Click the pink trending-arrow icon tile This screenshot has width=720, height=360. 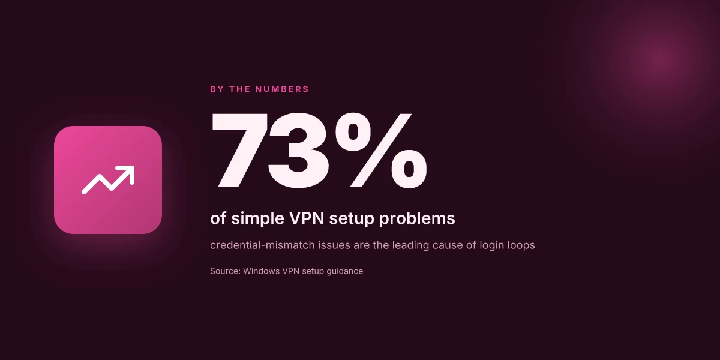click(x=108, y=180)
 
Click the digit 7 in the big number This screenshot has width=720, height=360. click(x=239, y=150)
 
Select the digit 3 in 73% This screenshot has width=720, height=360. click(x=299, y=151)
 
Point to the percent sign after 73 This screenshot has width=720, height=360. click(x=381, y=150)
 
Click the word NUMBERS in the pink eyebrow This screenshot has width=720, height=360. click(x=282, y=89)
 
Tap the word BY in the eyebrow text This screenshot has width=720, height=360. click(x=217, y=89)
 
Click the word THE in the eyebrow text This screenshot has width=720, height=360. click(x=239, y=89)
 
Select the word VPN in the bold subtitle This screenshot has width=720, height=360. click(x=307, y=218)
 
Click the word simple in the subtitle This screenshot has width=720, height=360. click(x=258, y=218)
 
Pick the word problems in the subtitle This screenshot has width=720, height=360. click(x=417, y=218)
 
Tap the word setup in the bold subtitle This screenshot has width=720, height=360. click(x=352, y=219)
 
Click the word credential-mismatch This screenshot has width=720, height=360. click(x=262, y=245)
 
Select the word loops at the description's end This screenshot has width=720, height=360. click(x=521, y=245)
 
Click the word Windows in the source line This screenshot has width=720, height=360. click(x=262, y=271)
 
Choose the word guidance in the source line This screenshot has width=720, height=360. click(x=344, y=271)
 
